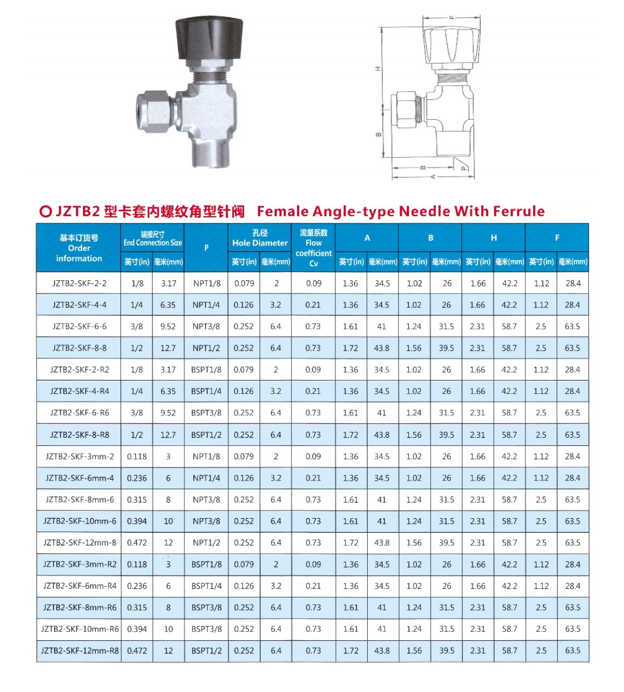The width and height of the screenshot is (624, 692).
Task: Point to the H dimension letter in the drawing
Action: tap(378, 68)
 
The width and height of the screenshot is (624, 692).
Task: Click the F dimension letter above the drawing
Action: tap(452, 18)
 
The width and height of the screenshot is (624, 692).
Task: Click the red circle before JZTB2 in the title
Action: tap(46, 212)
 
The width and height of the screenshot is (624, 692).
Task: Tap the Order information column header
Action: tap(79, 248)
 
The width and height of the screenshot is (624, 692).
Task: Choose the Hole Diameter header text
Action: tap(260, 238)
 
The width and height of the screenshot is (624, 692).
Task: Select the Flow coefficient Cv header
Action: tap(314, 248)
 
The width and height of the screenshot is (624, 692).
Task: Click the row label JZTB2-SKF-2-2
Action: tap(79, 283)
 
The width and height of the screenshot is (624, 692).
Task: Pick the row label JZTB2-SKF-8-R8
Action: tap(79, 435)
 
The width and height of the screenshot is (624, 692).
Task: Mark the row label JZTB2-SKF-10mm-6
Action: tap(80, 522)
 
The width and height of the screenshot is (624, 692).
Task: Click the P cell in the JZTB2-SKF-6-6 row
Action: tap(206, 326)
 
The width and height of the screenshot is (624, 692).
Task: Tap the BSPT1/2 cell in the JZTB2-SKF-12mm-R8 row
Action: tap(206, 651)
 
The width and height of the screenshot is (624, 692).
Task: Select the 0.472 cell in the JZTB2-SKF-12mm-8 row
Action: tap(136, 543)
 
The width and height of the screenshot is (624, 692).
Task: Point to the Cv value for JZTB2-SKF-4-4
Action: tap(313, 305)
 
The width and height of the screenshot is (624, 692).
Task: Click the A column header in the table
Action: tap(367, 238)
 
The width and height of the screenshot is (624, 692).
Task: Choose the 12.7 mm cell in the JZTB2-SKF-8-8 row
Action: tap(168, 348)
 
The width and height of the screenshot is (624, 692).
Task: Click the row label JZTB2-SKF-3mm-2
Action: tap(80, 456)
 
